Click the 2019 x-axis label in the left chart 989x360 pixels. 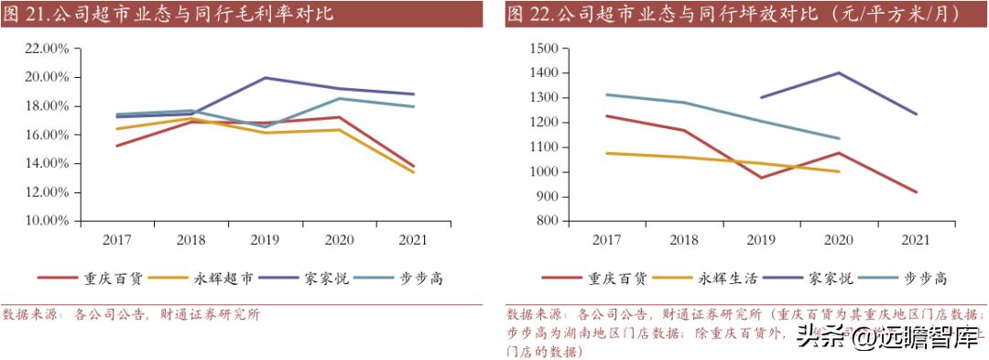point(266,240)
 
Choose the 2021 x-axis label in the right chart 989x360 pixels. point(916,240)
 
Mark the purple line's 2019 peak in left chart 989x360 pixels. point(266,78)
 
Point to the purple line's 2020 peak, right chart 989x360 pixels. point(839,72)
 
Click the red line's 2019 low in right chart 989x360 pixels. point(761,178)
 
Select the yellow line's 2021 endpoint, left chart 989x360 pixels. point(414,172)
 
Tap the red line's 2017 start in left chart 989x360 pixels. point(118,146)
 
